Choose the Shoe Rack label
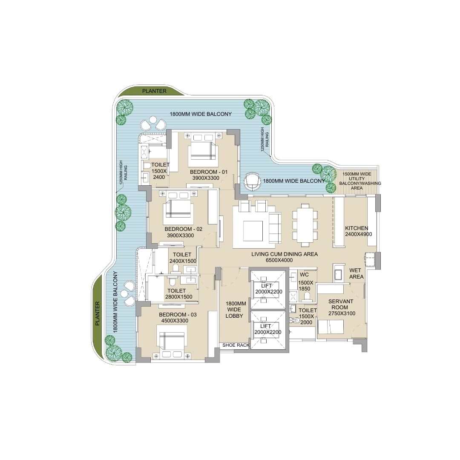pos(236,345)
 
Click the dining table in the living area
pos(305,224)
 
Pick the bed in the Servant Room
pos(331,327)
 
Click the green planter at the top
pos(154,91)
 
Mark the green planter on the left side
pos(98,313)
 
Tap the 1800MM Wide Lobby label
pos(236,310)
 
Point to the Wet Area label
pos(356,273)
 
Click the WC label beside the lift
pos(304,275)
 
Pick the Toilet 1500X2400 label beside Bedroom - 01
pos(160,171)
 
